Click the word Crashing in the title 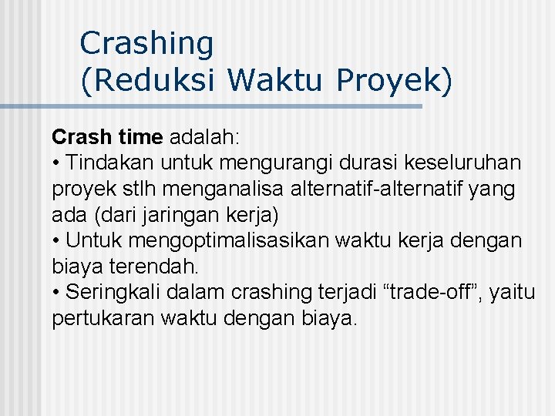click(x=146, y=43)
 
